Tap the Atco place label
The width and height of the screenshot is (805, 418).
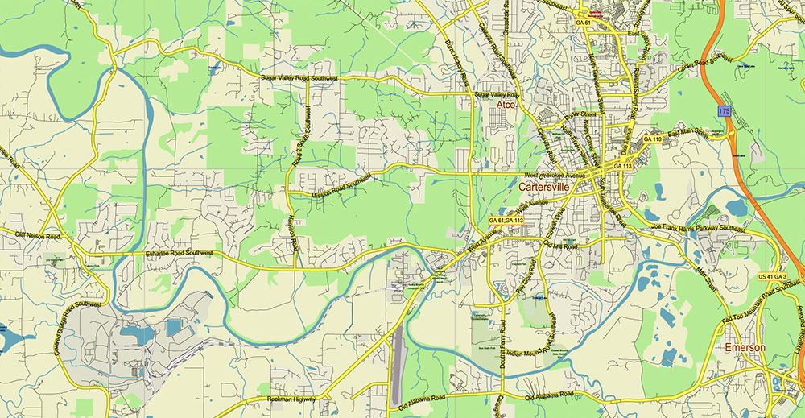click(506, 106)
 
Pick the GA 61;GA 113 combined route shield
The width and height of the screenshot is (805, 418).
click(506, 220)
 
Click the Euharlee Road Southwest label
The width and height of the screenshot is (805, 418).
click(168, 254)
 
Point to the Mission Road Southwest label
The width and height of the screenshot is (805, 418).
click(341, 184)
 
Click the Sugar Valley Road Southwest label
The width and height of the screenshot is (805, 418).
click(299, 77)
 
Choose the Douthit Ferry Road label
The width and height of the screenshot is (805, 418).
click(502, 338)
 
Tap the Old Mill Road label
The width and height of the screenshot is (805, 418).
click(560, 245)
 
